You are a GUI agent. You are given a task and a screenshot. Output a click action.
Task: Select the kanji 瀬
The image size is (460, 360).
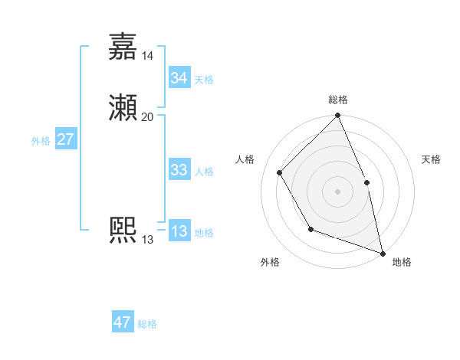point(123,108)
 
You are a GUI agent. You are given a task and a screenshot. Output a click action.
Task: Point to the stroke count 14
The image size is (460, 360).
point(148,55)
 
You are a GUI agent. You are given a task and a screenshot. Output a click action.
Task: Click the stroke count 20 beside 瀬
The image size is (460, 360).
point(148,116)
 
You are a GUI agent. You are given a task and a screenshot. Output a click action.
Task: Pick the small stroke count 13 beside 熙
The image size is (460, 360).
point(148,240)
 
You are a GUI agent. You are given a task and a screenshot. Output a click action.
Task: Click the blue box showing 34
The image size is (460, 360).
point(179,78)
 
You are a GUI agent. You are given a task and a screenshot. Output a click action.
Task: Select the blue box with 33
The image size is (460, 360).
point(179,170)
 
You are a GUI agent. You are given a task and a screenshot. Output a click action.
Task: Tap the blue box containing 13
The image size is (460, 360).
point(179,231)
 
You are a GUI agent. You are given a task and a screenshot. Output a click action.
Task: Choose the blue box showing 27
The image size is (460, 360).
point(65,139)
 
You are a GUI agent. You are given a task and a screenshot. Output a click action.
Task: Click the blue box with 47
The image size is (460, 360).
point(122,322)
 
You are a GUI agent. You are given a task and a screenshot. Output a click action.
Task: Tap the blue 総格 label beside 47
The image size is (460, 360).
point(147,324)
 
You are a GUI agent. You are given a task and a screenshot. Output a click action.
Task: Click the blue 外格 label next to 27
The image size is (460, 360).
point(41,141)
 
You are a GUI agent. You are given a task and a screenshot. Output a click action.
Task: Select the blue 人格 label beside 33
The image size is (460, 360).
point(204,172)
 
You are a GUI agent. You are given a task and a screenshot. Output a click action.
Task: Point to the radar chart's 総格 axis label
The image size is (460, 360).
point(337,100)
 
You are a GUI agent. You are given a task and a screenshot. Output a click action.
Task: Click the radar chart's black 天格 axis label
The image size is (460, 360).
point(431,159)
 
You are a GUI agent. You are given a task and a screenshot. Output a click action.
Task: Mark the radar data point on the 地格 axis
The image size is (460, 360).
point(383,252)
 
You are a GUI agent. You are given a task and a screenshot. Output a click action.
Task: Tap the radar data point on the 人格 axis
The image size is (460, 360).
point(280,172)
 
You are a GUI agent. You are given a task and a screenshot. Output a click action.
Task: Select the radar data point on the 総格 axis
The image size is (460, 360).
point(337,116)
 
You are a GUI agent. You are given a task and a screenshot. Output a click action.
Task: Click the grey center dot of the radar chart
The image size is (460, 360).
point(337,191)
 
